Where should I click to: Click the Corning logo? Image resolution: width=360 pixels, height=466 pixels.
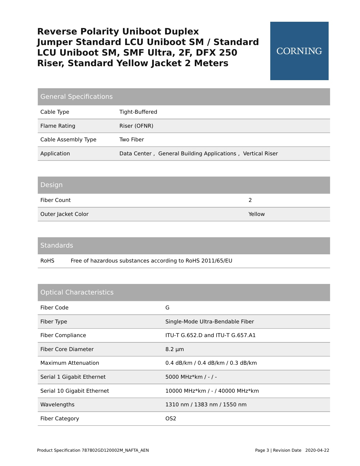299,51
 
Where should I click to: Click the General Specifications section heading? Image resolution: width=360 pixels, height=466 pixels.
76,97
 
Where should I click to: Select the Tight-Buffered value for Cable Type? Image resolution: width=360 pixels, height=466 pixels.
138,112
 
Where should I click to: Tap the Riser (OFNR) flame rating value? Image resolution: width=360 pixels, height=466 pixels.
136,126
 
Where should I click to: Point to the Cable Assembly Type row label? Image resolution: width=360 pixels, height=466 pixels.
68,139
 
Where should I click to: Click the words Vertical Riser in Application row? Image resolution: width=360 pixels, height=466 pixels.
260,153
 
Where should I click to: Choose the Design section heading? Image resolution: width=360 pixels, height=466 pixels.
52,185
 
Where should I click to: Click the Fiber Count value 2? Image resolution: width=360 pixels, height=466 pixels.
250,200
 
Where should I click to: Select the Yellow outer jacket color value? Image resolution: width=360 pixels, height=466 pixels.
257,214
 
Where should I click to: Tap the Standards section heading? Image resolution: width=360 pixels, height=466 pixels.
57,245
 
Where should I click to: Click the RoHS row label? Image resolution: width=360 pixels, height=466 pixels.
47,261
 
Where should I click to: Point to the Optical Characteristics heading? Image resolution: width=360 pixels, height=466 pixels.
77,292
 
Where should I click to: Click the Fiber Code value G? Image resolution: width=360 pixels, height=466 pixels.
167,308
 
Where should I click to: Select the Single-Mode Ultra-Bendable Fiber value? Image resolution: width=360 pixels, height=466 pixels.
210,322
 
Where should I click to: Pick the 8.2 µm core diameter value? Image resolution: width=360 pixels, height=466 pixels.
175,349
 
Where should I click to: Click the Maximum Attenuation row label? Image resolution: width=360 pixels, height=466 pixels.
70,363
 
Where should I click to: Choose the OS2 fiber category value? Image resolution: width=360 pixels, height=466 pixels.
171,418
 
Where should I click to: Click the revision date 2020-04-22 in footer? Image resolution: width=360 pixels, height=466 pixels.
317,450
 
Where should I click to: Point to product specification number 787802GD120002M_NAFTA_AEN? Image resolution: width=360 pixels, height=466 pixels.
115,450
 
